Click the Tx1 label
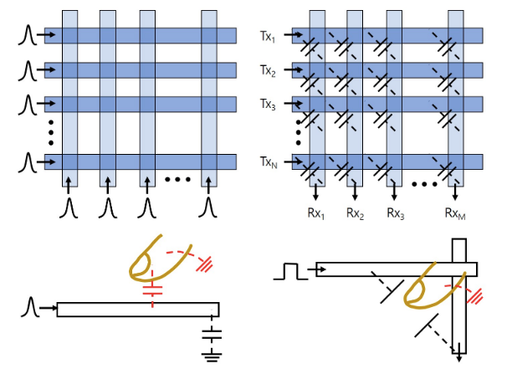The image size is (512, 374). [x=269, y=36]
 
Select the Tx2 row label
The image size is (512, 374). [x=269, y=70]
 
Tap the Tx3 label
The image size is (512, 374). [x=269, y=105]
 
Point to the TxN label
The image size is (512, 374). [x=269, y=161]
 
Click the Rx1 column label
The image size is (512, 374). [x=315, y=213]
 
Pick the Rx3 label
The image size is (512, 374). [x=396, y=213]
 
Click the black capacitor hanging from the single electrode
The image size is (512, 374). [x=215, y=333]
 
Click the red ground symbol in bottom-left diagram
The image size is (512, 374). [x=202, y=264]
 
